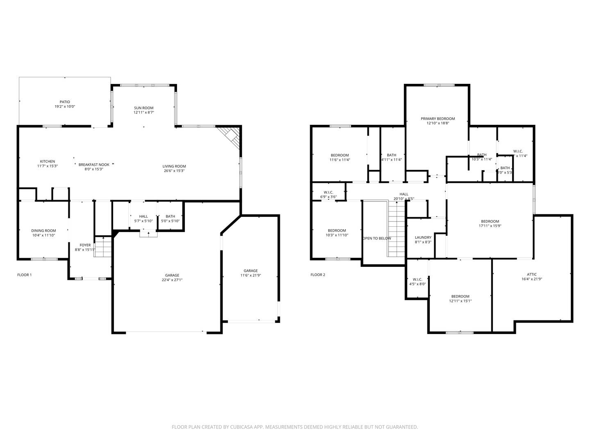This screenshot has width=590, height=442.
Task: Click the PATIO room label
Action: [x=65, y=102]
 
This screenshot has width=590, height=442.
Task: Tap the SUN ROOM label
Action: [x=144, y=108]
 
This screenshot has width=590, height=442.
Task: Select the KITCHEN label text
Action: [x=47, y=161]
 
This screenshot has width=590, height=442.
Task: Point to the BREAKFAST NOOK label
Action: [x=94, y=165]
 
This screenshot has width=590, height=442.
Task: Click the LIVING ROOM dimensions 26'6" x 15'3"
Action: [x=174, y=171]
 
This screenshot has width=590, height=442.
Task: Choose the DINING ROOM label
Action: [x=43, y=231]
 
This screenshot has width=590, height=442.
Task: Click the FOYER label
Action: [x=85, y=245]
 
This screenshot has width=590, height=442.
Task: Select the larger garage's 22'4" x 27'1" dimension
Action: [x=172, y=280]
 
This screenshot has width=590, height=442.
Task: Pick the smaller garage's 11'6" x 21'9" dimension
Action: [x=251, y=275]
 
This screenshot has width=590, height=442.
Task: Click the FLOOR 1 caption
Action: [x=24, y=275]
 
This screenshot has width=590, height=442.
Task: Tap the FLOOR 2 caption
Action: [x=318, y=275]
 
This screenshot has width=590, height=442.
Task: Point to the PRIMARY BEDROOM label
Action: [x=438, y=119]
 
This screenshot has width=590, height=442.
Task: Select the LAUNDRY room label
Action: [x=423, y=237]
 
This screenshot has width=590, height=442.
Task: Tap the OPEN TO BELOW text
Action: [x=377, y=238]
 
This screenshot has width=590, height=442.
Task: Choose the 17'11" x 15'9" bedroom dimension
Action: [x=490, y=226]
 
